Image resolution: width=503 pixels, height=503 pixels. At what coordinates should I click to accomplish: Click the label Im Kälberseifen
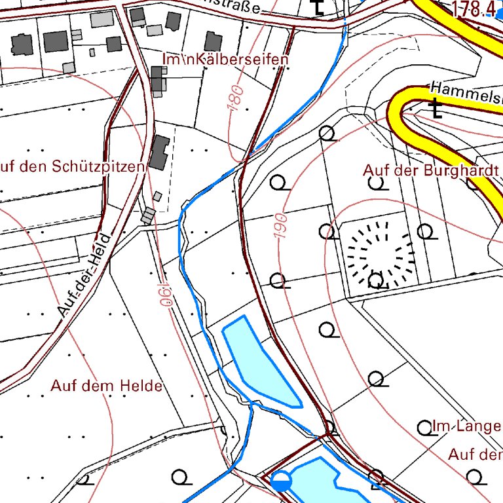pos(225,60)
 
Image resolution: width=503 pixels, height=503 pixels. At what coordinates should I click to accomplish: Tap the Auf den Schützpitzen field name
pos(72,167)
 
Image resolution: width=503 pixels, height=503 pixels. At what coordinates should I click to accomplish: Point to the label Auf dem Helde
pos(106,386)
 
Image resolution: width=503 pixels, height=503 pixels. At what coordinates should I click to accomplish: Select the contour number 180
pos(237,96)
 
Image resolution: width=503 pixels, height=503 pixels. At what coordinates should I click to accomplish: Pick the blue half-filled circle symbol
pos(281,481)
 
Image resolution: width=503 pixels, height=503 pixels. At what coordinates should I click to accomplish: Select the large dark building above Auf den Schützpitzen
pos(159,153)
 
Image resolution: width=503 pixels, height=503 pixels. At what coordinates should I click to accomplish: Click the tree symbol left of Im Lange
pos(424,428)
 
